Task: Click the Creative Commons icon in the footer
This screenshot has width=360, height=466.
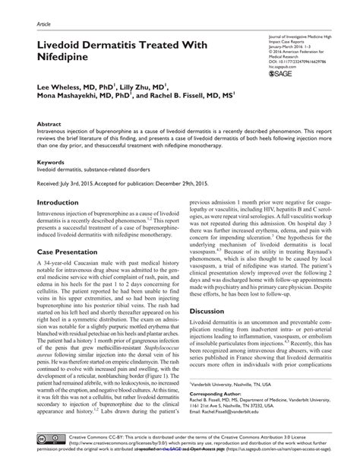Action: click(x=46, y=439)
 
